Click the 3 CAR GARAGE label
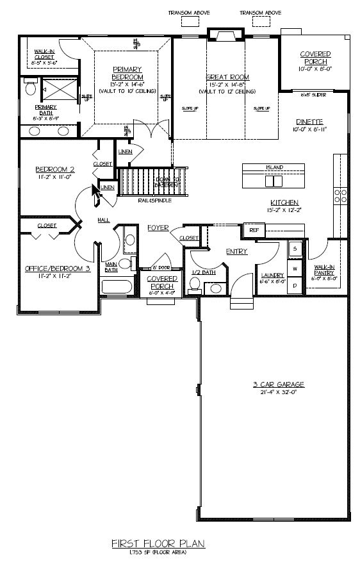278,384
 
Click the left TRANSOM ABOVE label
189,12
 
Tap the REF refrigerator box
254,229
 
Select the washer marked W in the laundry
295,268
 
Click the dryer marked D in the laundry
295,284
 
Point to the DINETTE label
309,121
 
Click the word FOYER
158,227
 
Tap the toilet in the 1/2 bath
195,288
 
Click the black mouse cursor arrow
95,194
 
